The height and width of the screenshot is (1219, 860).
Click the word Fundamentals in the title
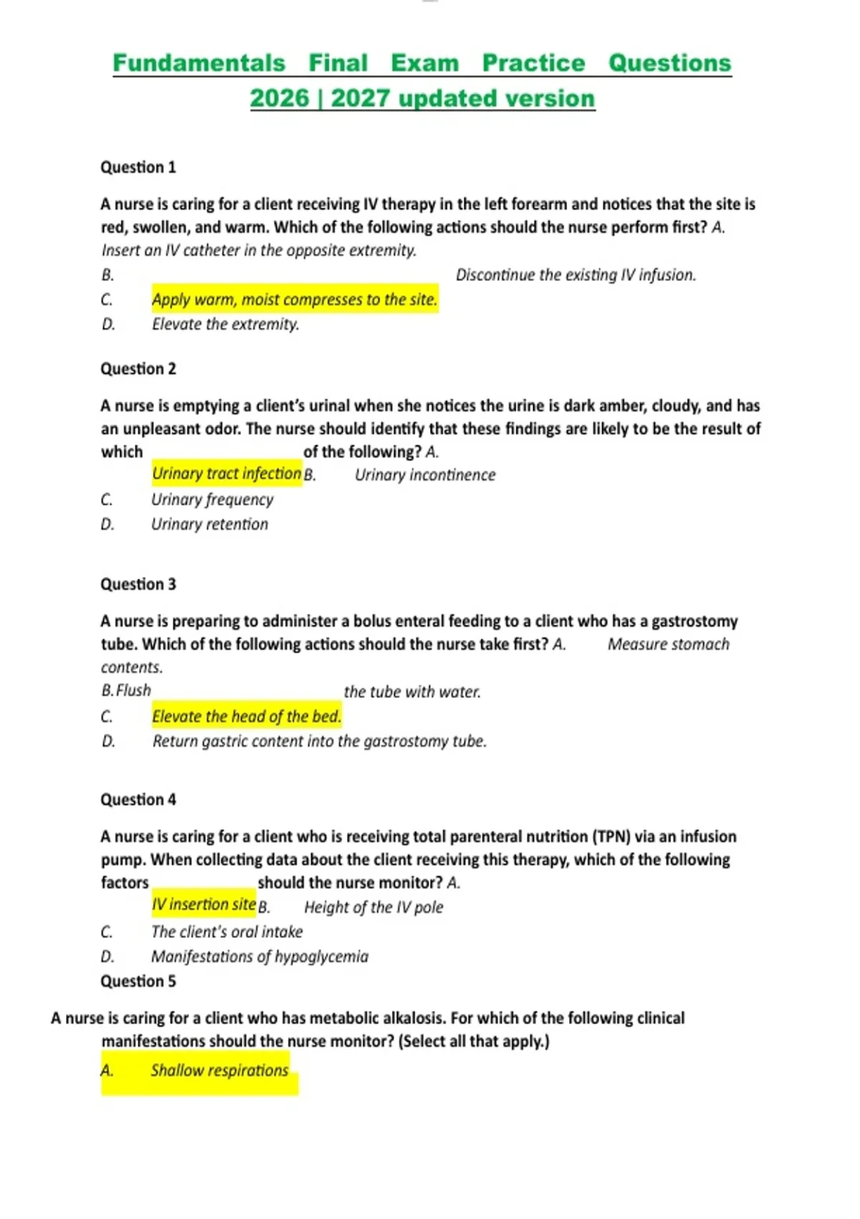(x=199, y=63)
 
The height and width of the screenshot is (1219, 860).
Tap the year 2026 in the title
(x=279, y=98)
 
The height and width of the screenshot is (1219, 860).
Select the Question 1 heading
(x=138, y=167)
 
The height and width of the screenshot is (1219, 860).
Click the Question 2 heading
(x=138, y=369)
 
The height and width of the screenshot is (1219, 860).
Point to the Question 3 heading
(x=138, y=584)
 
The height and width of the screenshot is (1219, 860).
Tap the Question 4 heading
(x=138, y=800)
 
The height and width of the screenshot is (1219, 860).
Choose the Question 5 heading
(x=138, y=981)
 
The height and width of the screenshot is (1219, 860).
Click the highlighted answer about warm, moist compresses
(x=294, y=299)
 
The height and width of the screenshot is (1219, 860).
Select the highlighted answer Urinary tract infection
(x=226, y=473)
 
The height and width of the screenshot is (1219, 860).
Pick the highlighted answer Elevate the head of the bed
(x=247, y=716)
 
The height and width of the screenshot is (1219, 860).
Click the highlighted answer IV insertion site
(x=204, y=904)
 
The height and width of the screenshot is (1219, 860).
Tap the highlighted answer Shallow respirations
(x=219, y=1071)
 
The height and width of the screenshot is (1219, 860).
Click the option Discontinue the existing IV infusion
(x=575, y=275)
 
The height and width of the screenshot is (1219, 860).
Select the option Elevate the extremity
(x=225, y=324)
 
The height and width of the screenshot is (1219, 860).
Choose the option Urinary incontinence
(x=425, y=475)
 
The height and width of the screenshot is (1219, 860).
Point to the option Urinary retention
(x=209, y=524)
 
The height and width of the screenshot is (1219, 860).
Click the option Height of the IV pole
(x=373, y=907)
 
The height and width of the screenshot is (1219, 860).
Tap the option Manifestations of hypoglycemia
(x=259, y=957)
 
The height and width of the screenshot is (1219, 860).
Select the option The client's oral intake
(x=226, y=931)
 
